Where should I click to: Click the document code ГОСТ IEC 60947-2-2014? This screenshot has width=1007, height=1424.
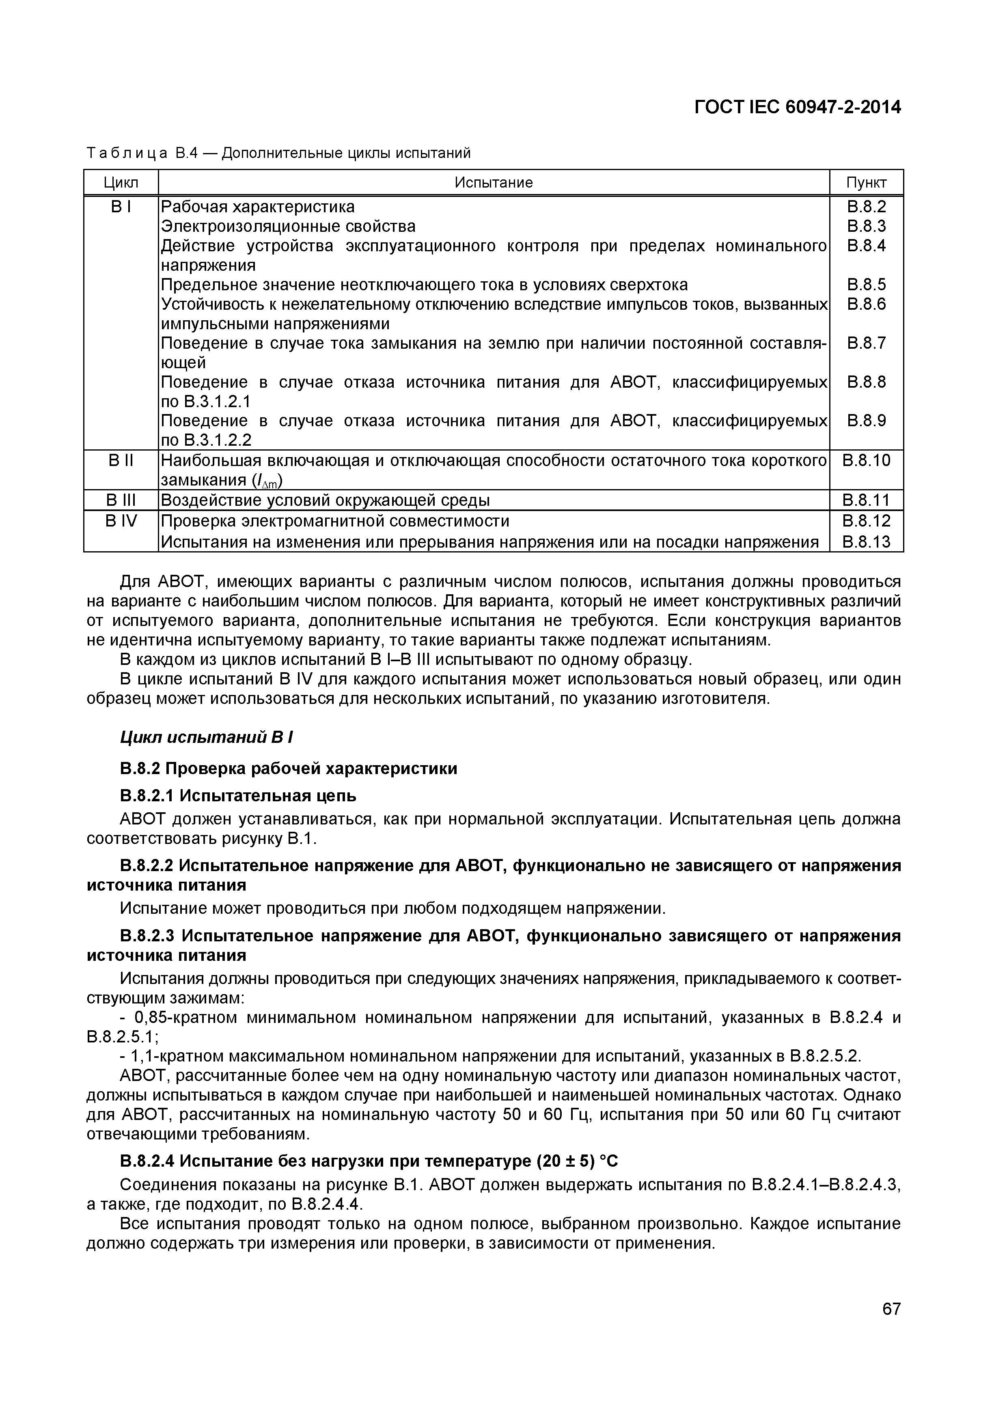797,107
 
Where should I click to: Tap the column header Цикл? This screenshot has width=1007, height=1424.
121,182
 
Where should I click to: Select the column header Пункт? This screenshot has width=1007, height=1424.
866,182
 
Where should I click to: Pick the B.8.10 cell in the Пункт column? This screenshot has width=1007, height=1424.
866,460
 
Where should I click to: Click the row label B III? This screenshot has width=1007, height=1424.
121,500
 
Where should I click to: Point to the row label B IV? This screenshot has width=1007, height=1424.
121,520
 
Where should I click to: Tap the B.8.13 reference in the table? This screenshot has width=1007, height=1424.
866,542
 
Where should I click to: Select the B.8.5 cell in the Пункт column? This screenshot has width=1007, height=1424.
866,285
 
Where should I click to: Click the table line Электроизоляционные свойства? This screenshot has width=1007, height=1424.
288,226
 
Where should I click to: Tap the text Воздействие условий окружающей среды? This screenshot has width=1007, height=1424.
326,500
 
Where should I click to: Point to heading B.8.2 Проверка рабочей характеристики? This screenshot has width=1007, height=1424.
288,768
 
